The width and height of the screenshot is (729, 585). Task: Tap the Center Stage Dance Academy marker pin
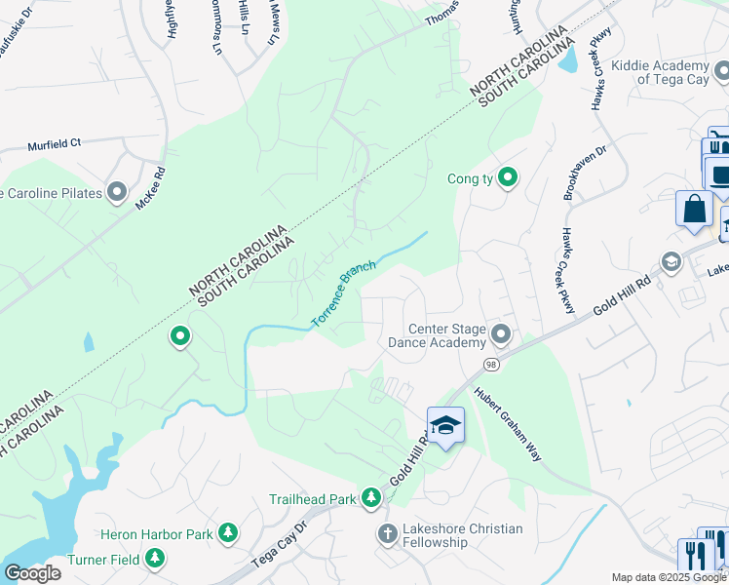coord(501,335)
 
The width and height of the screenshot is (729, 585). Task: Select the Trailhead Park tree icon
coord(370,498)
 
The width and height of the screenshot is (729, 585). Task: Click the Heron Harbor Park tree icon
coord(228,533)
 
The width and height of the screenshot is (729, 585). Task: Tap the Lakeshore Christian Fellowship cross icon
coord(387,533)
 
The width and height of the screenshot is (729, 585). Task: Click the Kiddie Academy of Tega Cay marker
coord(721,71)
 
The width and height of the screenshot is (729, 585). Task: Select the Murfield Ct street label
coord(55,142)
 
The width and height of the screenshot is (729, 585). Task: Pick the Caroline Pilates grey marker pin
coord(118,192)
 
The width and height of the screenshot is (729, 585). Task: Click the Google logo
coord(32,573)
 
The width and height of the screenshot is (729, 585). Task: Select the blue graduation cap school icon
coord(445,426)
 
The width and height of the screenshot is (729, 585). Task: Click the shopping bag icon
coord(693,209)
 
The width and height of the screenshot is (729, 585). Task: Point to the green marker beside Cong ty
coord(507,178)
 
